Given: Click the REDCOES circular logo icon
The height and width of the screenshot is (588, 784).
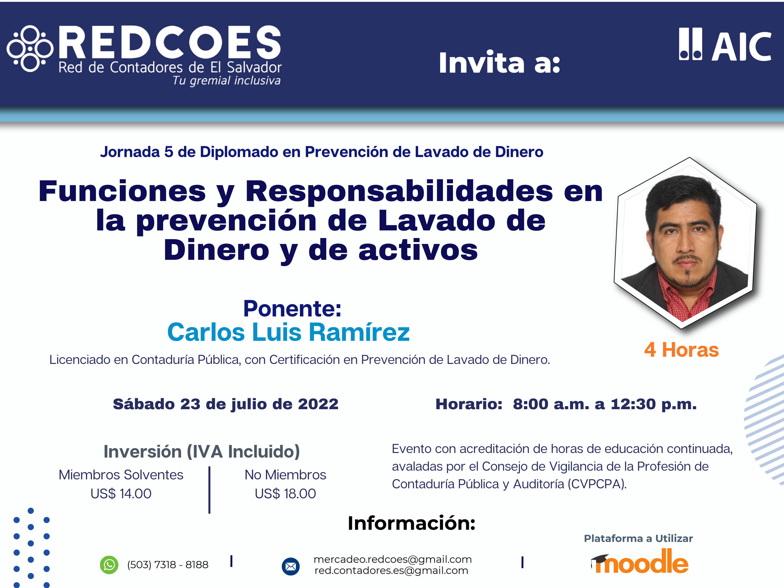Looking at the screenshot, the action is (x=30, y=49).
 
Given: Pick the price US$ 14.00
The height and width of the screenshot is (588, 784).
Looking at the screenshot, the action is (x=121, y=493).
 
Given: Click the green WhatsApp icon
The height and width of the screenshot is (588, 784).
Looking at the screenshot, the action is (x=109, y=565).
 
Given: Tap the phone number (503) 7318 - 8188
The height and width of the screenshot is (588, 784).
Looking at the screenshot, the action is (x=168, y=565).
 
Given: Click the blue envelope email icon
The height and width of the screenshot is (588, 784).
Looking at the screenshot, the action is (x=291, y=566).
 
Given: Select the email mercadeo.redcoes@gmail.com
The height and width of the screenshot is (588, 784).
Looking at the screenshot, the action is (x=393, y=559).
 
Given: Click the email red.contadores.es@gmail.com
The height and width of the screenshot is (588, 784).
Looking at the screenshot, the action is (x=391, y=571).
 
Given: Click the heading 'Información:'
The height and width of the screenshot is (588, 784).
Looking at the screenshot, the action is (x=412, y=523).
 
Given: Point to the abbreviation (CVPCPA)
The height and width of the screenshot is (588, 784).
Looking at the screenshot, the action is (x=597, y=484).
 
